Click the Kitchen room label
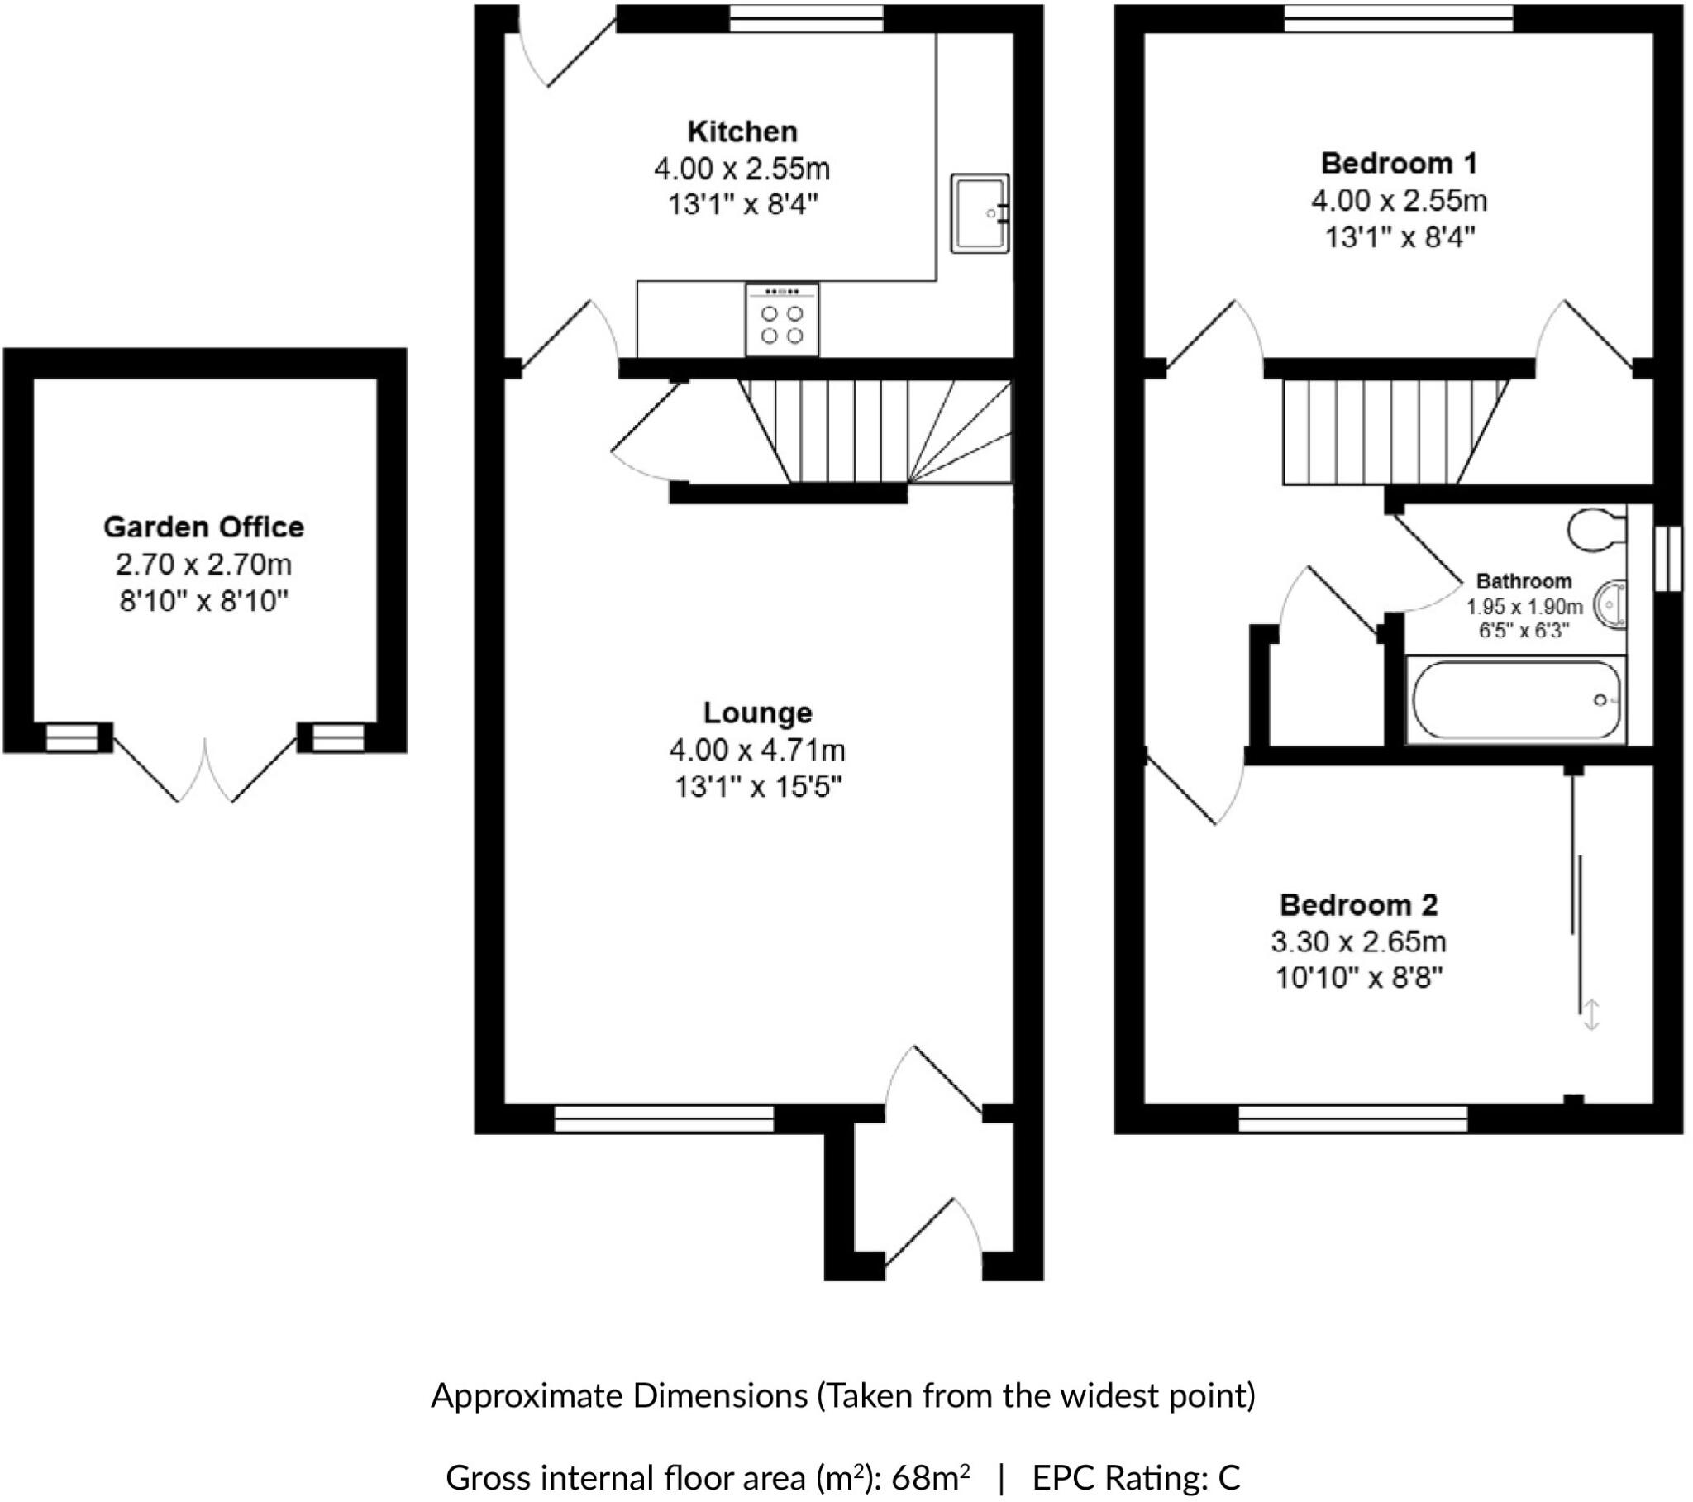pyautogui.click(x=742, y=131)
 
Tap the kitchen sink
pyautogui.click(x=980, y=213)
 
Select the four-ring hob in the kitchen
pyautogui.click(x=782, y=320)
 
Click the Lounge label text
pyautogui.click(x=757, y=713)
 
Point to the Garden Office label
pyautogui.click(x=203, y=527)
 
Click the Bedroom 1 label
pyautogui.click(x=1398, y=163)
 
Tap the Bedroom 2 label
pyautogui.click(x=1358, y=904)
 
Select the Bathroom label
pyautogui.click(x=1524, y=581)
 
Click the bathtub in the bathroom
pyautogui.click(x=1516, y=700)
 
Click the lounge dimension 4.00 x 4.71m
pyautogui.click(x=757, y=751)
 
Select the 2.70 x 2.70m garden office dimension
pyautogui.click(x=203, y=565)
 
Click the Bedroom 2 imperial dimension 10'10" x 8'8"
pyautogui.click(x=1358, y=979)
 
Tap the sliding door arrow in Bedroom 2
pyautogui.click(x=1591, y=1015)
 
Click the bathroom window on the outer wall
pyautogui.click(x=1668, y=558)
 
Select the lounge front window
pyautogui.click(x=664, y=1118)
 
